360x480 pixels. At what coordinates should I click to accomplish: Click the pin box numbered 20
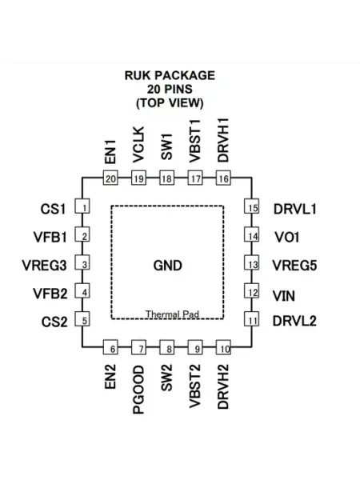click(x=110, y=178)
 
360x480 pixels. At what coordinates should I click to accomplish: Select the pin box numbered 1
click(x=82, y=206)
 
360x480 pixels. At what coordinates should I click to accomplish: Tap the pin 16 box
click(x=223, y=178)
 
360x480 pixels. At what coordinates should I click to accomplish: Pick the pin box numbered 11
click(x=252, y=319)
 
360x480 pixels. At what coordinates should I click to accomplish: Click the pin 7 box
click(x=138, y=347)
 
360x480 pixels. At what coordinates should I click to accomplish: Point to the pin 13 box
click(x=252, y=262)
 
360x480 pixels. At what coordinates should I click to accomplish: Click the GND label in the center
click(x=167, y=266)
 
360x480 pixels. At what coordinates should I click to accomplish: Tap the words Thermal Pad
click(x=172, y=314)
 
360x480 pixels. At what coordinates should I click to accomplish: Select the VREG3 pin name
click(x=44, y=266)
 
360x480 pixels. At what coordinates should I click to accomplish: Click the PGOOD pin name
click(x=138, y=390)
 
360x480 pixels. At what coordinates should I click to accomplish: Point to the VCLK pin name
click(x=138, y=145)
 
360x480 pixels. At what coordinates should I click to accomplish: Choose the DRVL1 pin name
click(x=294, y=209)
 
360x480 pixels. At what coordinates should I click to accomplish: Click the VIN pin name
click(x=284, y=296)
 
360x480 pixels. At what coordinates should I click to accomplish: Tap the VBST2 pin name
click(x=195, y=386)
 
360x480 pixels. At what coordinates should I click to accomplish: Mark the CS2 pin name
click(x=54, y=322)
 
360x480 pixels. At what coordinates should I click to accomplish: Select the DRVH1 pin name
click(x=223, y=140)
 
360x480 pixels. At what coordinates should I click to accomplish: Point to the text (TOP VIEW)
click(x=170, y=103)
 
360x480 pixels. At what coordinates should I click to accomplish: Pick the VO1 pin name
click(x=287, y=238)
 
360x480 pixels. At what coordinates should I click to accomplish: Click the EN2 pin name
click(x=110, y=377)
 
